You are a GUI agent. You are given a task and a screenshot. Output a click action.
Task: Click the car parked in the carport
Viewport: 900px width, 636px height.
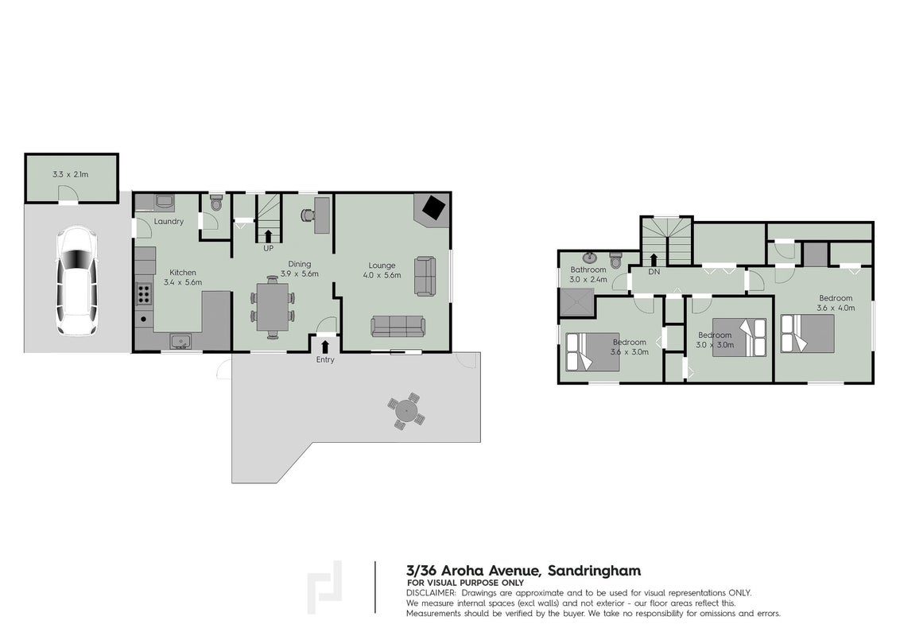(x=76, y=281)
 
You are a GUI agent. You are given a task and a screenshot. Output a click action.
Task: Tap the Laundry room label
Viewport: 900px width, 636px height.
(x=169, y=222)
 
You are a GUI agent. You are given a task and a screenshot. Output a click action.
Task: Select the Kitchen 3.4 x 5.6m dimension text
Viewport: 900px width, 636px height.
(x=183, y=282)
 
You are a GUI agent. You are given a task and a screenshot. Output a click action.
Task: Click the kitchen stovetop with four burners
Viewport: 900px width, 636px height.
(x=144, y=294)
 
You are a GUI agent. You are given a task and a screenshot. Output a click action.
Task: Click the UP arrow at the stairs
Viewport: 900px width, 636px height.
(x=268, y=236)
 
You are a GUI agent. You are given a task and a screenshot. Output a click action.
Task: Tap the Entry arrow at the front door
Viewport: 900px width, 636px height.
(x=325, y=346)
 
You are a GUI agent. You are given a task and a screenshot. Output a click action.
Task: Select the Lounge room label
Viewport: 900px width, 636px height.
(x=382, y=266)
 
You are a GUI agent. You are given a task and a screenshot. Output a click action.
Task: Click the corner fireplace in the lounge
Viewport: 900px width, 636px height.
(x=433, y=207)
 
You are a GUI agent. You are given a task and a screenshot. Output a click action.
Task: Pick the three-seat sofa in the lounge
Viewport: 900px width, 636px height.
(x=398, y=327)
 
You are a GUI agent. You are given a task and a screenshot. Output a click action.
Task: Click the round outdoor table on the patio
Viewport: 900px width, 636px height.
(x=407, y=411)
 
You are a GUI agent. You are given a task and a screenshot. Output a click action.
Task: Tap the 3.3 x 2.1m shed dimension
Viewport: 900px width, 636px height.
(x=71, y=174)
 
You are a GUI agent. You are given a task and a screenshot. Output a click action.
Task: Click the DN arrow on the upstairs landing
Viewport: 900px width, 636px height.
(x=654, y=260)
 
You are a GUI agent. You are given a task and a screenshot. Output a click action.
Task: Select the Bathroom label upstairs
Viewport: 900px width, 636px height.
(x=588, y=270)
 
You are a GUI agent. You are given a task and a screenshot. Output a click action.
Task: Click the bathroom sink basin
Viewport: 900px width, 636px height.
(x=591, y=258)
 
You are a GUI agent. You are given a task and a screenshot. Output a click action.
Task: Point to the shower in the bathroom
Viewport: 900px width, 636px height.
(x=576, y=303)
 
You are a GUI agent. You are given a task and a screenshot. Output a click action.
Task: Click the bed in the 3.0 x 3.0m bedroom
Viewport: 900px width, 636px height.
(x=739, y=338)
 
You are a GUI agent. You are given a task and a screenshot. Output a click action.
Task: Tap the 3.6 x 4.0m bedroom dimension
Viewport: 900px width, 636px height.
(x=836, y=308)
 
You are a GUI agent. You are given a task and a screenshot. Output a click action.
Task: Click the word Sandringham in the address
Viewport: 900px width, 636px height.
(x=594, y=571)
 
